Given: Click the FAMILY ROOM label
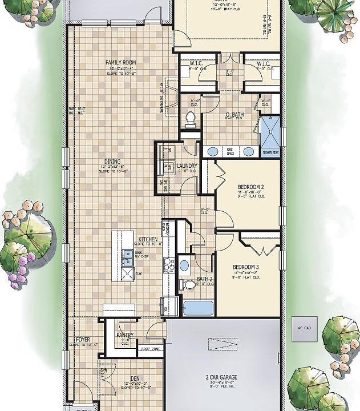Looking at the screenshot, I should pyautogui.click(x=120, y=62).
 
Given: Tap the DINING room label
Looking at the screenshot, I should pyautogui.click(x=112, y=162).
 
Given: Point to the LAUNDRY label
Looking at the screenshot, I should pyautogui.click(x=187, y=166).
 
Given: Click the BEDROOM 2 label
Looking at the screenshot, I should pyautogui.click(x=250, y=187).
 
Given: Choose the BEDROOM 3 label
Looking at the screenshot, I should pyautogui.click(x=246, y=267).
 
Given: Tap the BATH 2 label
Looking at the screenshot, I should pyautogui.click(x=205, y=279).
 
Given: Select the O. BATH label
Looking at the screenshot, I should pyautogui.click(x=234, y=115).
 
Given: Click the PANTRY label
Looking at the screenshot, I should pyautogui.click(x=124, y=335).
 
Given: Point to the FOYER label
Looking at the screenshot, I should pyautogui.click(x=83, y=340).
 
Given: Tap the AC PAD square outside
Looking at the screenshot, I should pyautogui.click(x=302, y=328).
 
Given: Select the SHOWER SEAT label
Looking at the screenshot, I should pyautogui.click(x=271, y=153).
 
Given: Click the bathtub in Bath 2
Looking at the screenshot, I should pyautogui.click(x=197, y=308).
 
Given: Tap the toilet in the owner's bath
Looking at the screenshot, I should pyautogui.click(x=191, y=119).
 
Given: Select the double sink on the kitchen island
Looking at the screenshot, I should pyautogui.click(x=127, y=257).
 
